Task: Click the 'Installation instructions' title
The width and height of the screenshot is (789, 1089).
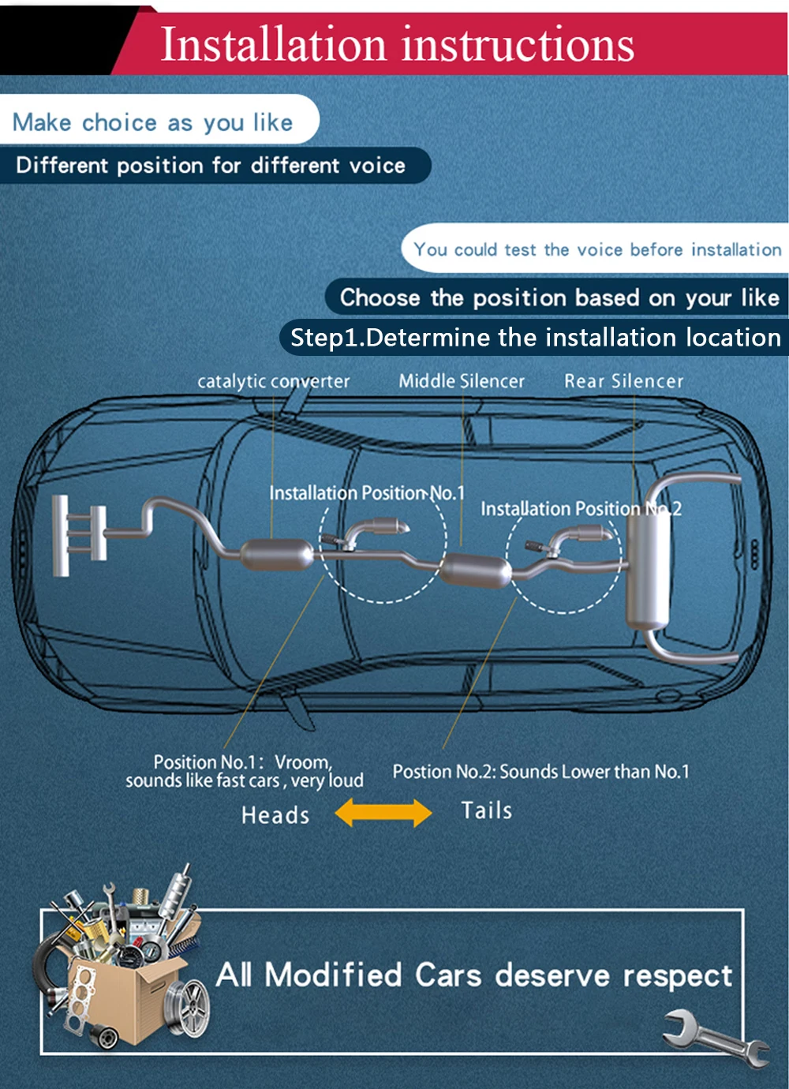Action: [397, 44]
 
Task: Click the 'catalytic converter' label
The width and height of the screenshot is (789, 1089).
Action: [273, 381]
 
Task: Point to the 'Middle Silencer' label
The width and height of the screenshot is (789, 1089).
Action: [462, 380]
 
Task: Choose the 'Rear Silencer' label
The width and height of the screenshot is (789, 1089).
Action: [624, 380]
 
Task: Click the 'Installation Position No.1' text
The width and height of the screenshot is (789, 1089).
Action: [367, 493]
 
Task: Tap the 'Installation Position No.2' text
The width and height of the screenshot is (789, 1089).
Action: [581, 508]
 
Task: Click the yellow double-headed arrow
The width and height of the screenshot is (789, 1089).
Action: [383, 813]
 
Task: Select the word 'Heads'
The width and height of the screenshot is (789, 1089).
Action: [275, 815]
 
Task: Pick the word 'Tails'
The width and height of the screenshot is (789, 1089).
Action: [487, 810]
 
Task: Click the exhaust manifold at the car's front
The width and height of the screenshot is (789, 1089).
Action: [79, 535]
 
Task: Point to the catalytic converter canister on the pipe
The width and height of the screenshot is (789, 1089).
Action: [277, 554]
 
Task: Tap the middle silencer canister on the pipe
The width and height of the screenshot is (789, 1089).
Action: [476, 571]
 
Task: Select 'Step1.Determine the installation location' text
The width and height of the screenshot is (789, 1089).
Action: [535, 338]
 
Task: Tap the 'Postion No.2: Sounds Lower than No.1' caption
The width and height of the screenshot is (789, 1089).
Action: [540, 772]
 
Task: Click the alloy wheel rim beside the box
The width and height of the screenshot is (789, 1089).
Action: [188, 1008]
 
